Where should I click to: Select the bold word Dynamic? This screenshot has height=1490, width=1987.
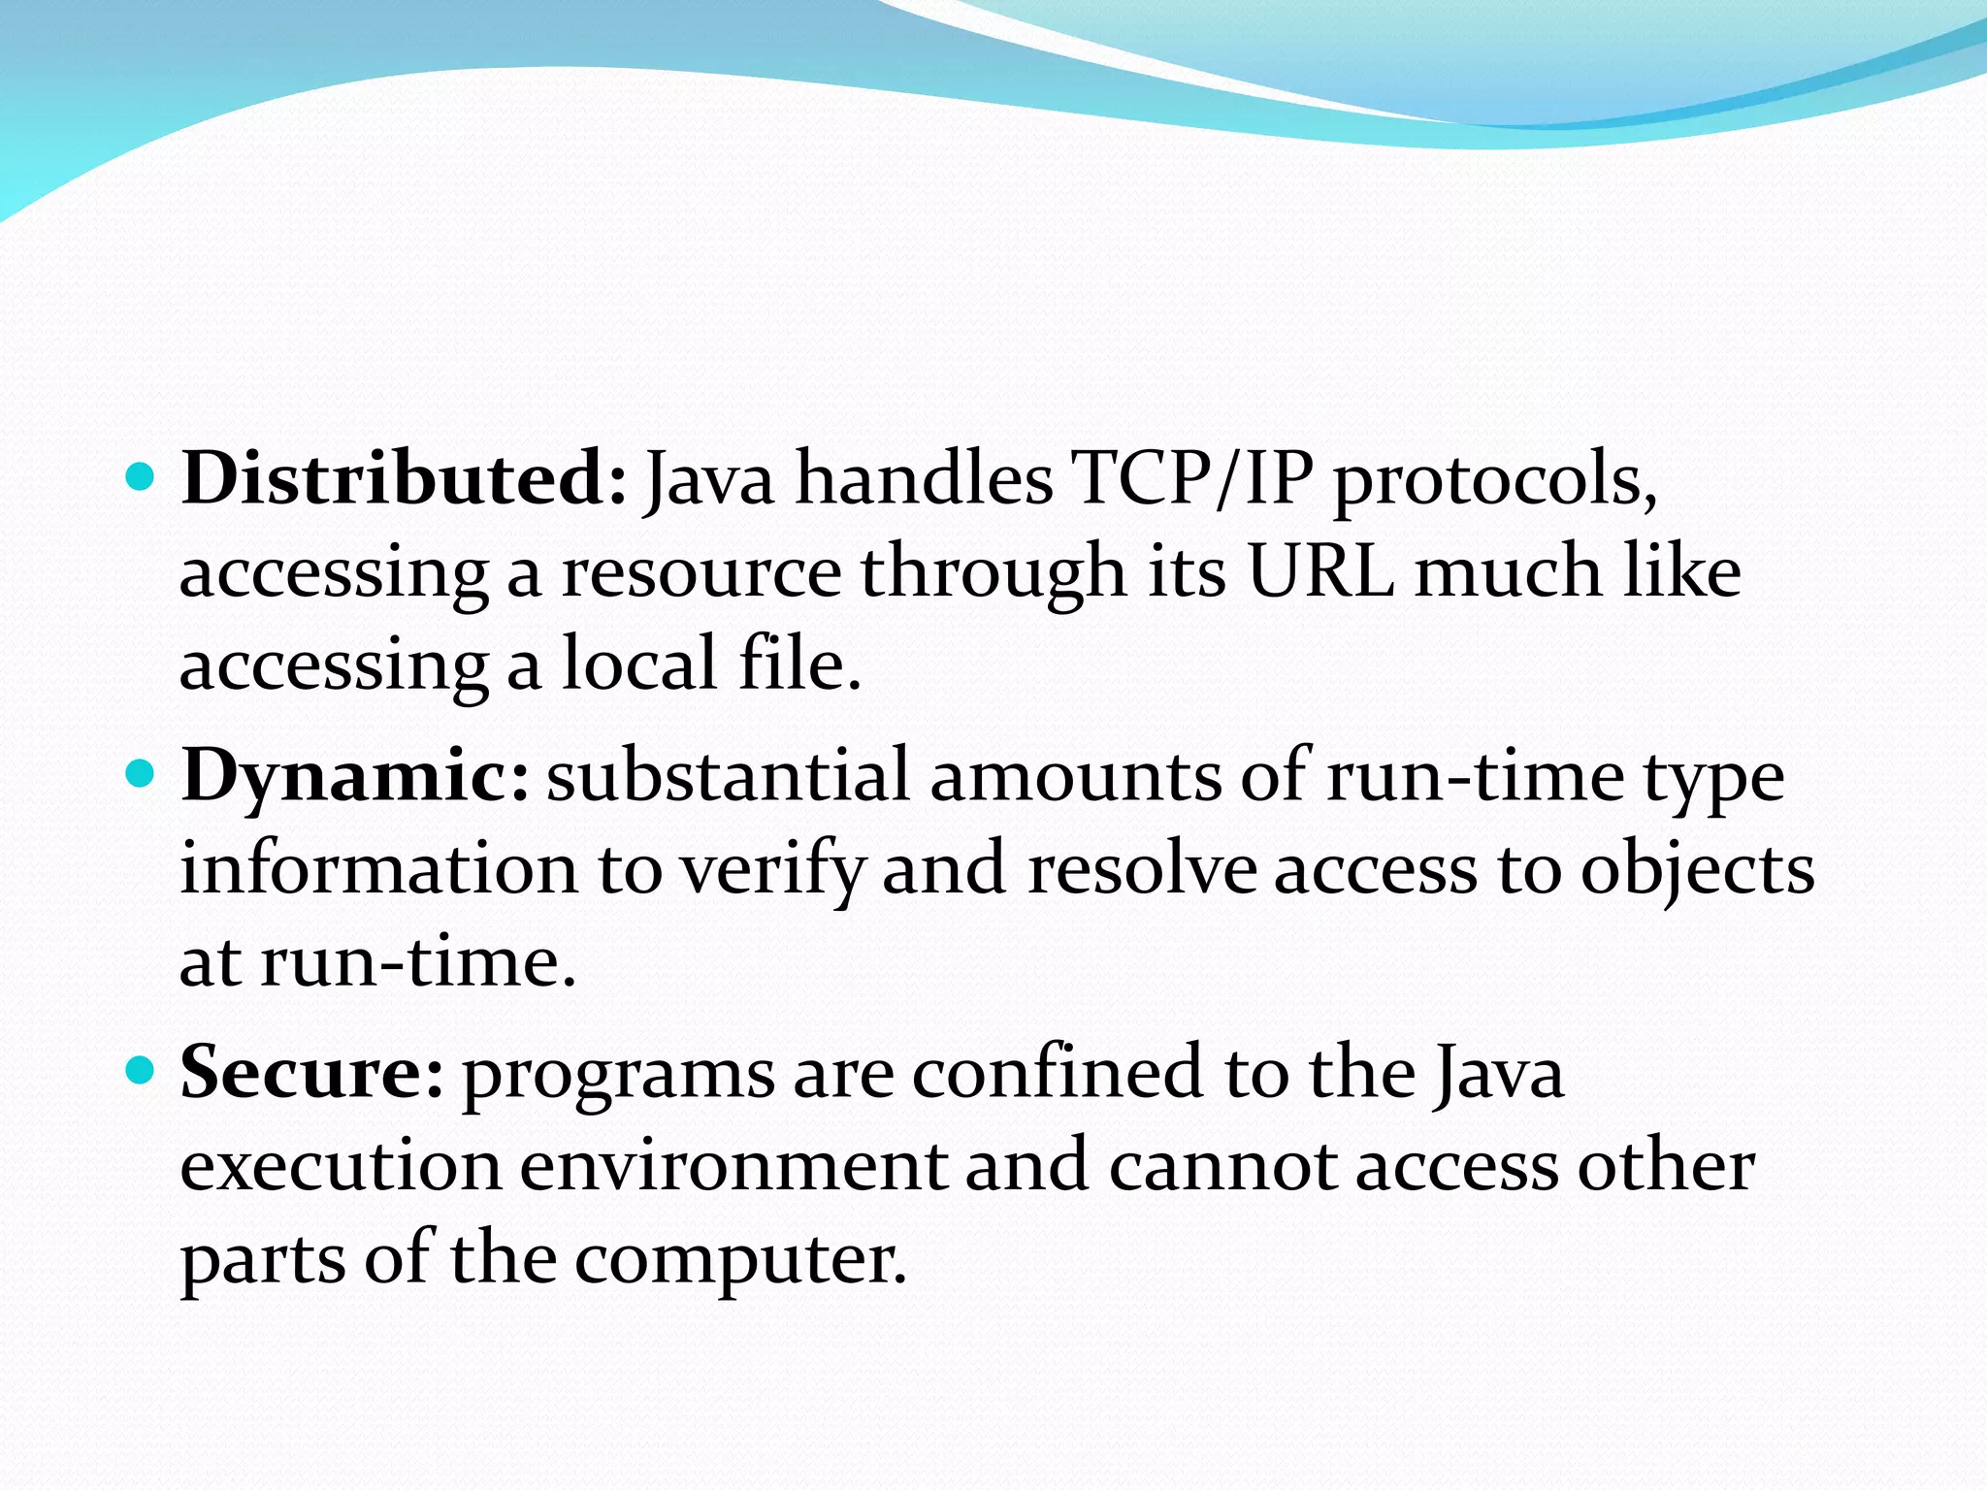click(355, 777)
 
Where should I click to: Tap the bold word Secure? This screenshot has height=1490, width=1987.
click(312, 1073)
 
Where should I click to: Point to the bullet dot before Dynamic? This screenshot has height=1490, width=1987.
click(142, 774)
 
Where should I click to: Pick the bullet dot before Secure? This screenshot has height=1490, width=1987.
click(142, 1071)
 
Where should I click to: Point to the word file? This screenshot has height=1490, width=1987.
click(799, 664)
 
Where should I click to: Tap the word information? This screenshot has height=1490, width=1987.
click(378, 868)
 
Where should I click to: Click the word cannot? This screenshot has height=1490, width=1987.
click(1221, 1166)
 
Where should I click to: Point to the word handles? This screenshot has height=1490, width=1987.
click(923, 479)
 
